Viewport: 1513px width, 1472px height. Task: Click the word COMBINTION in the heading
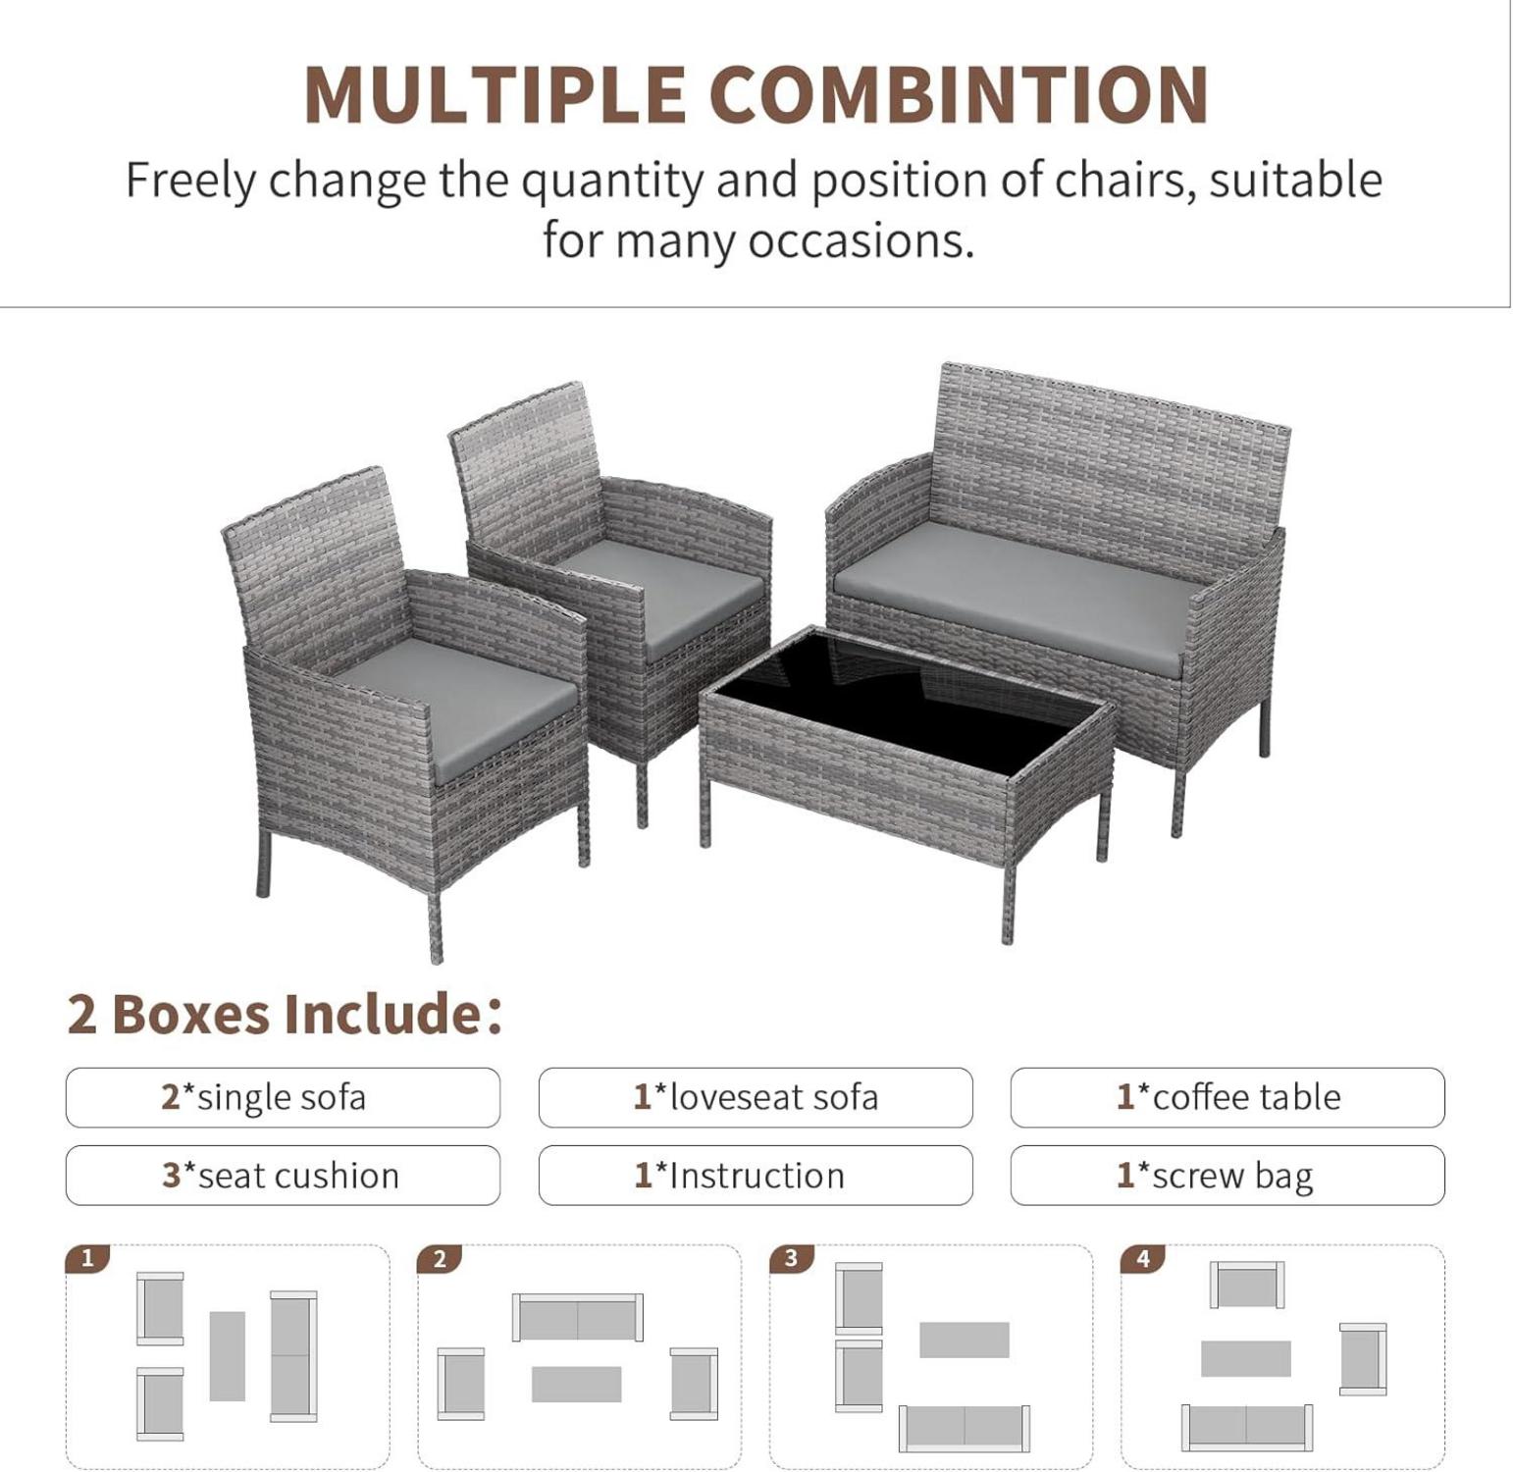(x=959, y=94)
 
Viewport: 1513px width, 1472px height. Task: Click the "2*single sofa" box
(x=283, y=1097)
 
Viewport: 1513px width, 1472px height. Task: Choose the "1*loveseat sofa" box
(x=756, y=1097)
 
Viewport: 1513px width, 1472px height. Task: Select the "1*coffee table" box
(x=1227, y=1097)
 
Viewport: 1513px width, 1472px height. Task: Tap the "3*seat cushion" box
(x=283, y=1175)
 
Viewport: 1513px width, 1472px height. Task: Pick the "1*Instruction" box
(x=756, y=1175)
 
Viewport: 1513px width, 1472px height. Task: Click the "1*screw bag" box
(x=1227, y=1175)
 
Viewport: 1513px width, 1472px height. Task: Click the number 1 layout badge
(x=87, y=1258)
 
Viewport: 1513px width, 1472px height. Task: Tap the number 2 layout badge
(x=440, y=1258)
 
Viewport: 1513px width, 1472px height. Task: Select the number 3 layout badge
(x=792, y=1258)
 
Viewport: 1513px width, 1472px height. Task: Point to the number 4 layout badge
(x=1143, y=1258)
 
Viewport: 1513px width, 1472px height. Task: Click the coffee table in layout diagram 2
(x=577, y=1384)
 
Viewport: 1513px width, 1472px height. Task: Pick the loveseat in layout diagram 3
(x=965, y=1428)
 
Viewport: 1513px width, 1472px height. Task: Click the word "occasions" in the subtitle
(x=861, y=240)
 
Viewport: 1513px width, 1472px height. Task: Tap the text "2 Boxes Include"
(x=276, y=1014)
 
